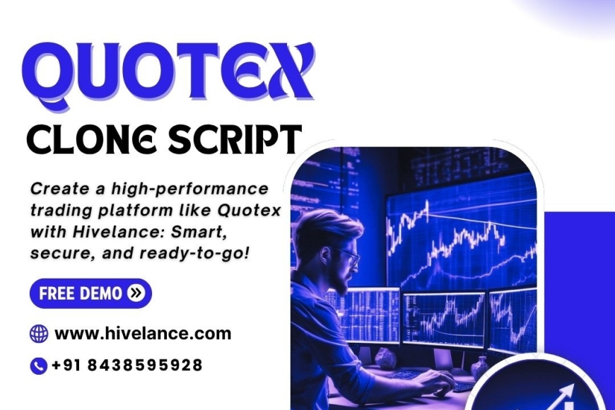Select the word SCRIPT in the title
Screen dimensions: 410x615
pos(236,140)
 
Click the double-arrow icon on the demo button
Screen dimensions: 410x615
pos(136,293)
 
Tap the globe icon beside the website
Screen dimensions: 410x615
pos(39,334)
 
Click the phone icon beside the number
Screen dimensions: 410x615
pos(38,366)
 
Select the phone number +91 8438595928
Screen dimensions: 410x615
pos(127,365)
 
